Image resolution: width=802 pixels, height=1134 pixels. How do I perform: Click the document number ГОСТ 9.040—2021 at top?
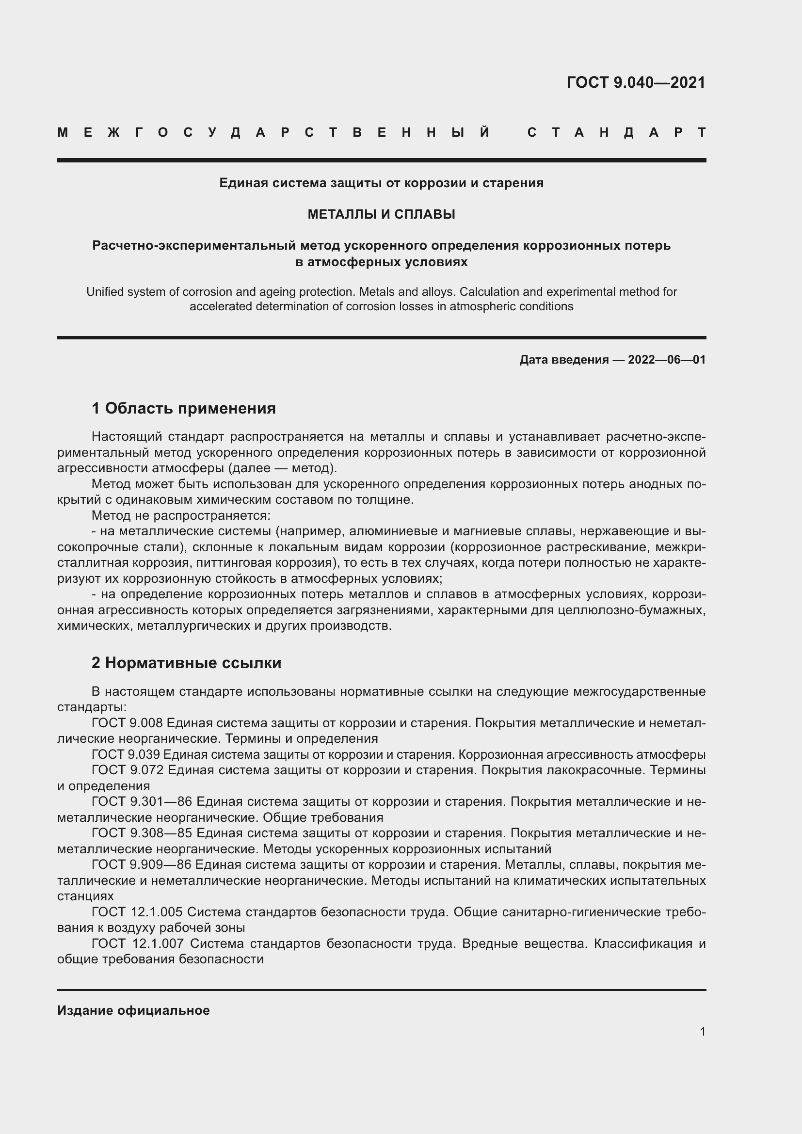[x=636, y=82]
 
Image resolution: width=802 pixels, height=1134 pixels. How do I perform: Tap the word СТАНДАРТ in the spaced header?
[x=617, y=132]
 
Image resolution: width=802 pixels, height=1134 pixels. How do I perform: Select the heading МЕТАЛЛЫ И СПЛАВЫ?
[x=381, y=214]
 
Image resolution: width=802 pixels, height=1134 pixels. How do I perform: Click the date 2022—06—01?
[x=667, y=360]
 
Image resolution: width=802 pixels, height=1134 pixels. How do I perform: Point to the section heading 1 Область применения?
[x=184, y=408]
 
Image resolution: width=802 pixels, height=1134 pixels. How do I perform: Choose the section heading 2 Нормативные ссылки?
[x=186, y=663]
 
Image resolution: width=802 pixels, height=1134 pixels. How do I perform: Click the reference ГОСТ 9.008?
[x=127, y=723]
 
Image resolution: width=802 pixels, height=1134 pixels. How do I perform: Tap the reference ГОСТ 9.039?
[x=126, y=755]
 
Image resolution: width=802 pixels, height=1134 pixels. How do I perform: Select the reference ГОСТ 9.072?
[x=127, y=770]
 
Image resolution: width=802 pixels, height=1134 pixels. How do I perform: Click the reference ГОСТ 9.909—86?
[x=141, y=865]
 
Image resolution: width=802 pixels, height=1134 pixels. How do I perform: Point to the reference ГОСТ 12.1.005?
[x=137, y=912]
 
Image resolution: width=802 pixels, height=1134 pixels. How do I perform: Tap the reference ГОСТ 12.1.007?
[x=137, y=943]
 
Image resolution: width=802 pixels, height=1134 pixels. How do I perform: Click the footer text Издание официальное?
[x=133, y=1010]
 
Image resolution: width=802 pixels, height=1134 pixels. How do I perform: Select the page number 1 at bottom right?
[x=703, y=1031]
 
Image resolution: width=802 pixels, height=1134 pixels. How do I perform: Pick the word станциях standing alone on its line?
[x=85, y=896]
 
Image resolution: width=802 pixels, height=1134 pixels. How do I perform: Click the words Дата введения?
[x=563, y=360]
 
